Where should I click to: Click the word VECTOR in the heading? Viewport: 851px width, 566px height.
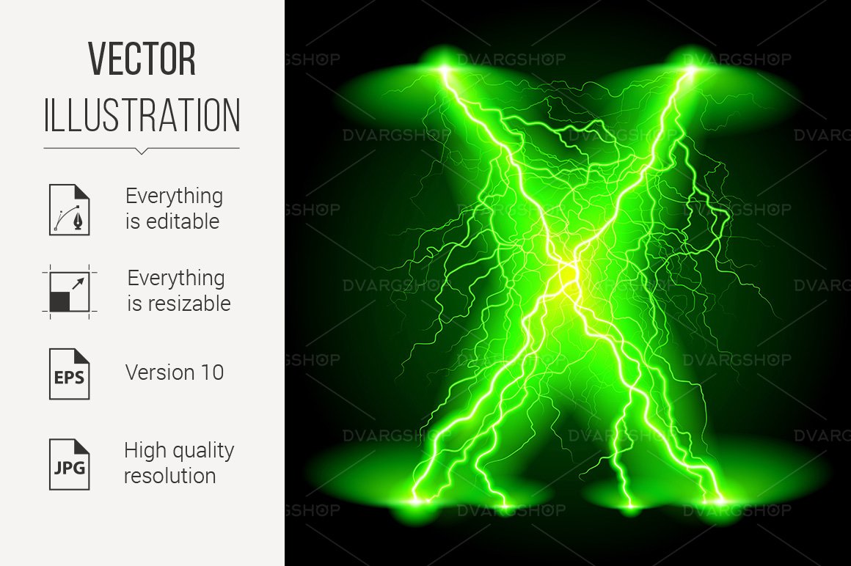pyautogui.click(x=142, y=59)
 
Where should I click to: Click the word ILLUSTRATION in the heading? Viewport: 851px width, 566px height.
pyautogui.click(x=142, y=116)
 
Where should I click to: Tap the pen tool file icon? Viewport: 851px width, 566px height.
pyautogui.click(x=69, y=209)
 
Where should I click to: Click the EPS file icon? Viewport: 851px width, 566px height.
pyautogui.click(x=69, y=374)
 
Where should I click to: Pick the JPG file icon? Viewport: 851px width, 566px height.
pyautogui.click(x=69, y=463)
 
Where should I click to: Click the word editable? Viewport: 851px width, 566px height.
pyautogui.click(x=172, y=221)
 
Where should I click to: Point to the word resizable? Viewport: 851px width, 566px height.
pyautogui.click(x=179, y=304)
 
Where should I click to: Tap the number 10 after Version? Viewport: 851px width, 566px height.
pyautogui.click(x=211, y=372)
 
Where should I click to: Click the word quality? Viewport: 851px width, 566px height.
pyautogui.click(x=202, y=452)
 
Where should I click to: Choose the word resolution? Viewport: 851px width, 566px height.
pyautogui.click(x=169, y=476)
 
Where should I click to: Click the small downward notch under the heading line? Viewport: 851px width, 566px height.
pyautogui.click(x=142, y=152)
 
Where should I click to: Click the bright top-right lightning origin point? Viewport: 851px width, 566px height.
pyautogui.click(x=691, y=70)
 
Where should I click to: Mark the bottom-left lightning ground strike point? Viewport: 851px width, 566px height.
pyautogui.click(x=417, y=501)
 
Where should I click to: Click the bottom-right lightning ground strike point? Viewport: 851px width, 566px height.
pyautogui.click(x=718, y=501)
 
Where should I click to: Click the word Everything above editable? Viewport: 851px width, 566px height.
pyautogui.click(x=174, y=196)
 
